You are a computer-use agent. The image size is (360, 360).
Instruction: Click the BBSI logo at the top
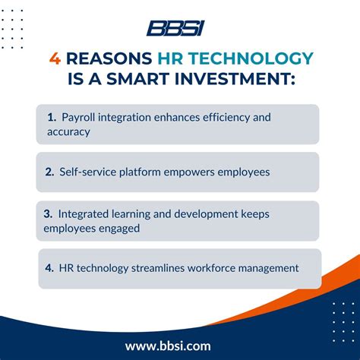click(x=175, y=28)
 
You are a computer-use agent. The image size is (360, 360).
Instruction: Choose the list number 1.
click(x=51, y=118)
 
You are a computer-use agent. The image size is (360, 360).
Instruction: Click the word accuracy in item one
click(x=68, y=131)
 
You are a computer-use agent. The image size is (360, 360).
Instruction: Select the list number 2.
click(x=49, y=172)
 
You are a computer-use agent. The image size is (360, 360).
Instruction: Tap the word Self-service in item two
click(x=90, y=172)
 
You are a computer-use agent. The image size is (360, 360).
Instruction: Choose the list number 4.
click(x=49, y=268)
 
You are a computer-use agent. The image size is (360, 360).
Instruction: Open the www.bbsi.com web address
click(x=179, y=346)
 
